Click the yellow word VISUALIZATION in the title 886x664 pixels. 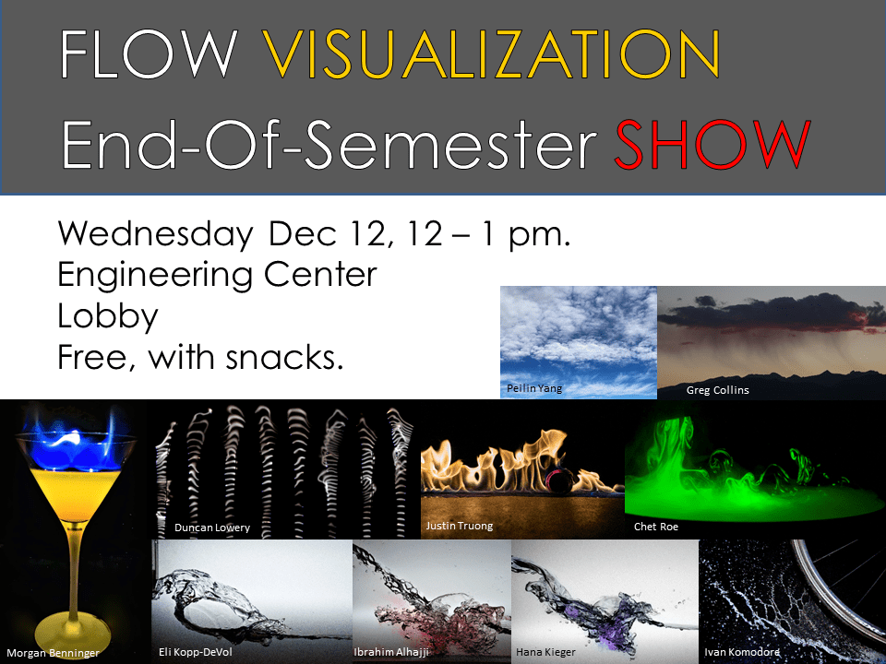pyautogui.click(x=493, y=54)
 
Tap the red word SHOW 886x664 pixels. pyautogui.click(x=712, y=144)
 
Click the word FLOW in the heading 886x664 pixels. pyautogui.click(x=148, y=54)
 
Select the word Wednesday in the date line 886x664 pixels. pyautogui.click(x=155, y=233)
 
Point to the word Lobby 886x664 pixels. pyautogui.click(x=108, y=315)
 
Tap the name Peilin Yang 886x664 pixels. pyautogui.click(x=534, y=388)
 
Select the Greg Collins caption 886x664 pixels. pyautogui.click(x=717, y=390)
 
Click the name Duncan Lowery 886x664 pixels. pyautogui.click(x=212, y=528)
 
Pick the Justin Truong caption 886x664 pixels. pyautogui.click(x=460, y=526)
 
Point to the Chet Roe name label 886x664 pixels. pyautogui.click(x=656, y=527)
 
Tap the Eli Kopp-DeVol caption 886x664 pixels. pyautogui.click(x=197, y=652)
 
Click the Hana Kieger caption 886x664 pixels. pyautogui.click(x=545, y=652)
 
